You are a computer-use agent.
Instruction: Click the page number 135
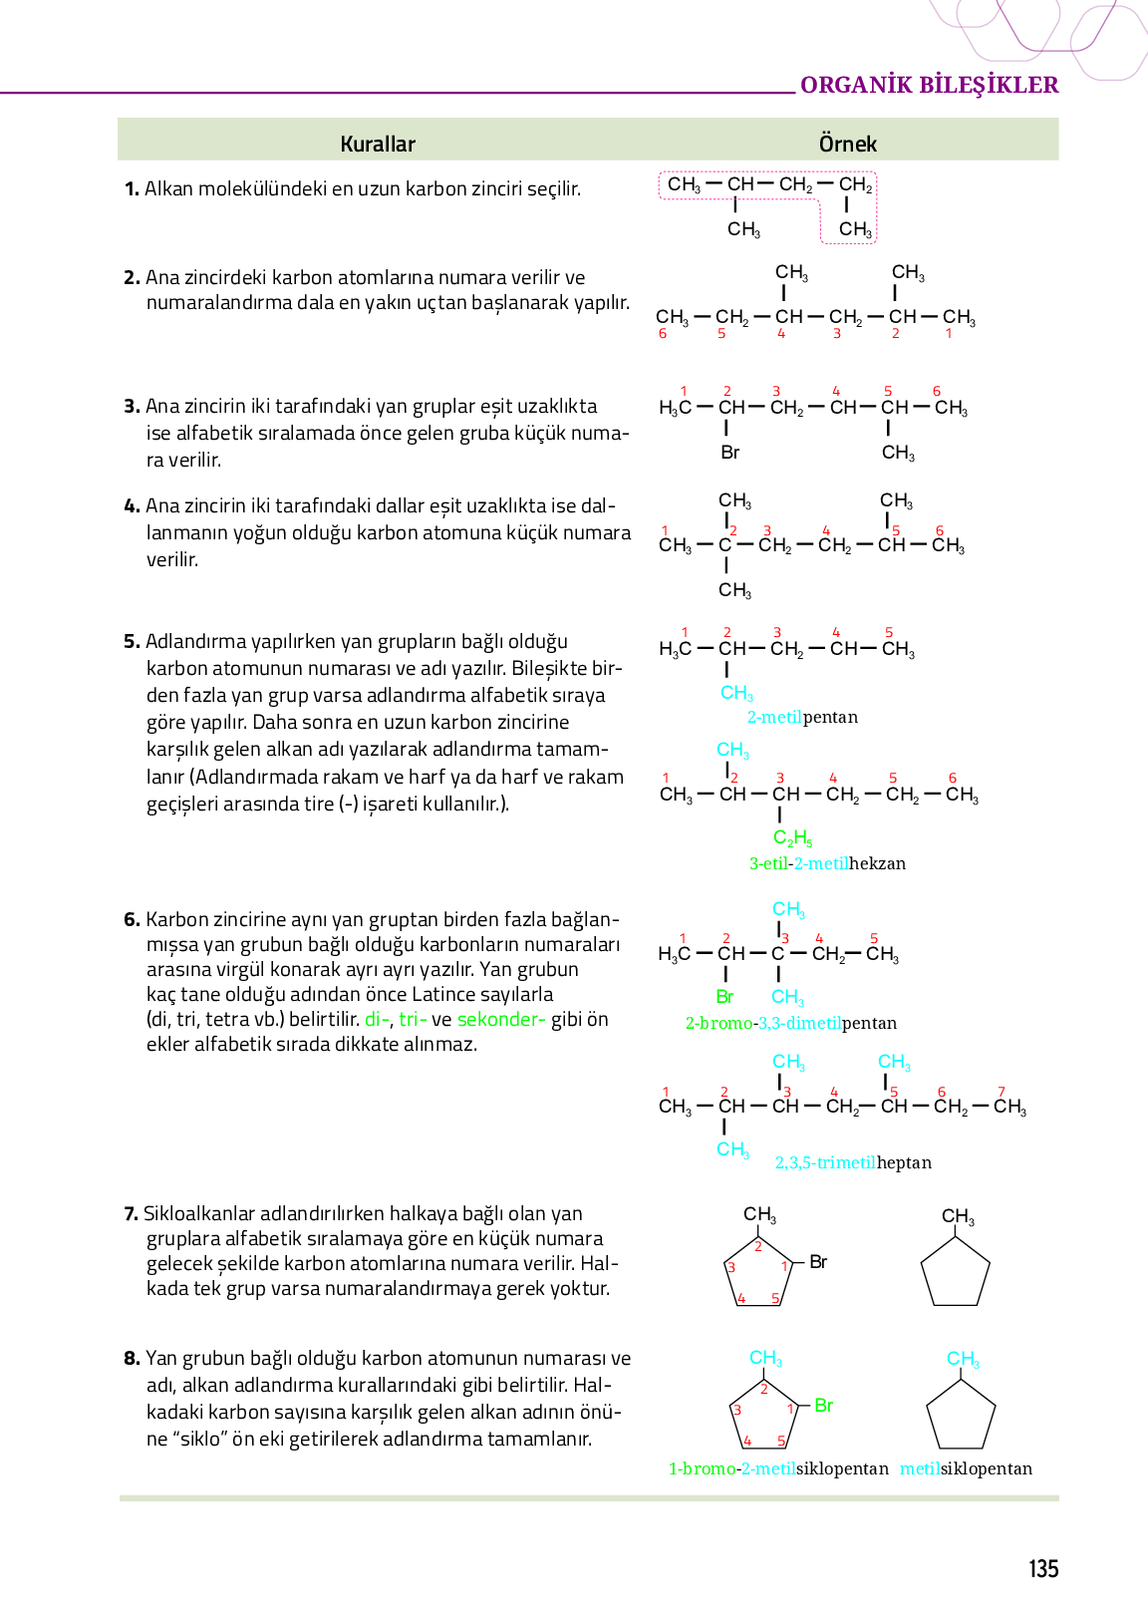pyautogui.click(x=1042, y=1569)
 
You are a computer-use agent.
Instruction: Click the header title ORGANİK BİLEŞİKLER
pyautogui.click(x=929, y=85)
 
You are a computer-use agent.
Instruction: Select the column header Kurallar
pyautogui.click(x=378, y=144)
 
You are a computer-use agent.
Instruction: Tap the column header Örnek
pyautogui.click(x=847, y=144)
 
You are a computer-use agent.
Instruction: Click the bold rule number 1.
pyautogui.click(x=132, y=189)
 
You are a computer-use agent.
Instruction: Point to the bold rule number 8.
pyautogui.click(x=132, y=1358)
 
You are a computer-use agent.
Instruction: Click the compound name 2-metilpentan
pyautogui.click(x=802, y=717)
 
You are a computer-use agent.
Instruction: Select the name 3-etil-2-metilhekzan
pyautogui.click(x=827, y=863)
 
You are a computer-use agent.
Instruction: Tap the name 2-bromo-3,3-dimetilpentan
pyautogui.click(x=790, y=1023)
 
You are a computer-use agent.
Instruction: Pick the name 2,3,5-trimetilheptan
pyautogui.click(x=853, y=1162)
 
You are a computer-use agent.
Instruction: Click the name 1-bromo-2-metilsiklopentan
pyautogui.click(x=778, y=1468)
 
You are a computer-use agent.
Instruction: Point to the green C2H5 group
pyautogui.click(x=792, y=838)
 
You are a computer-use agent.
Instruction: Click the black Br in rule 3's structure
pyautogui.click(x=729, y=453)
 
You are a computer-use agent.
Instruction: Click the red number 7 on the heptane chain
pyautogui.click(x=1002, y=1092)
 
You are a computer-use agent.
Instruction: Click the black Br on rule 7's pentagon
pyautogui.click(x=818, y=1262)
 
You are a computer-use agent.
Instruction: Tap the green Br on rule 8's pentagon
pyautogui.click(x=823, y=1406)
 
